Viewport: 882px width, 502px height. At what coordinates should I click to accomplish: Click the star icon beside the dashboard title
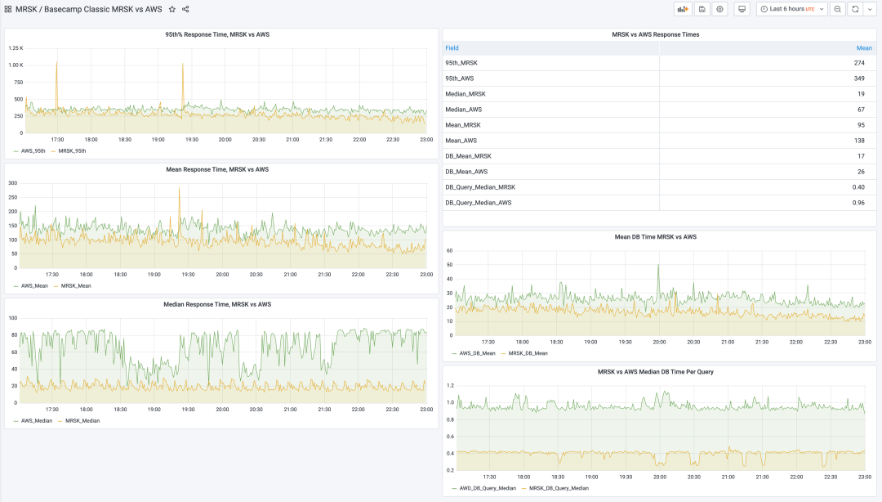[x=171, y=9]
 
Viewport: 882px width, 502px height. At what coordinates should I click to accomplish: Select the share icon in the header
[x=185, y=9]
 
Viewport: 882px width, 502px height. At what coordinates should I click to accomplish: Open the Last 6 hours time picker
[x=791, y=9]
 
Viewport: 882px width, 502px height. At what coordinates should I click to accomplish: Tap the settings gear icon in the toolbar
[x=719, y=9]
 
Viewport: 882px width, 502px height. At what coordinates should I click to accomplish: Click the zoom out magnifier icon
[x=837, y=9]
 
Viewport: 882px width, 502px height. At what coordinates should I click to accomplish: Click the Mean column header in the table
[x=864, y=48]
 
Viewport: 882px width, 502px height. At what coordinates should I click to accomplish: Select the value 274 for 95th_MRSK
[x=859, y=63]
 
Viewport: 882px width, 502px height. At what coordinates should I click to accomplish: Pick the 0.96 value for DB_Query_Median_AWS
[x=858, y=203]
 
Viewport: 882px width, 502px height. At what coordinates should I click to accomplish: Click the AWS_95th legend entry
[x=33, y=151]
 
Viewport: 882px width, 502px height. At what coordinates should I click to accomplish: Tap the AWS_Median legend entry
[x=36, y=421]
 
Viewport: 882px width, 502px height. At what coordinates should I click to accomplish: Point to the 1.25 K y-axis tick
[x=16, y=48]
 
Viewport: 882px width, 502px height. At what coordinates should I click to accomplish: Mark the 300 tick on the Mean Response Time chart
[x=12, y=183]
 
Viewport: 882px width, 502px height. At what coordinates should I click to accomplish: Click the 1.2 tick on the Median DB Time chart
[x=449, y=385]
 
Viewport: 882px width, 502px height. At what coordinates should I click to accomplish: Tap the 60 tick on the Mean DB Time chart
[x=449, y=251]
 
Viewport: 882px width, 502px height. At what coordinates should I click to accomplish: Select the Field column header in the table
[x=452, y=48]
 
